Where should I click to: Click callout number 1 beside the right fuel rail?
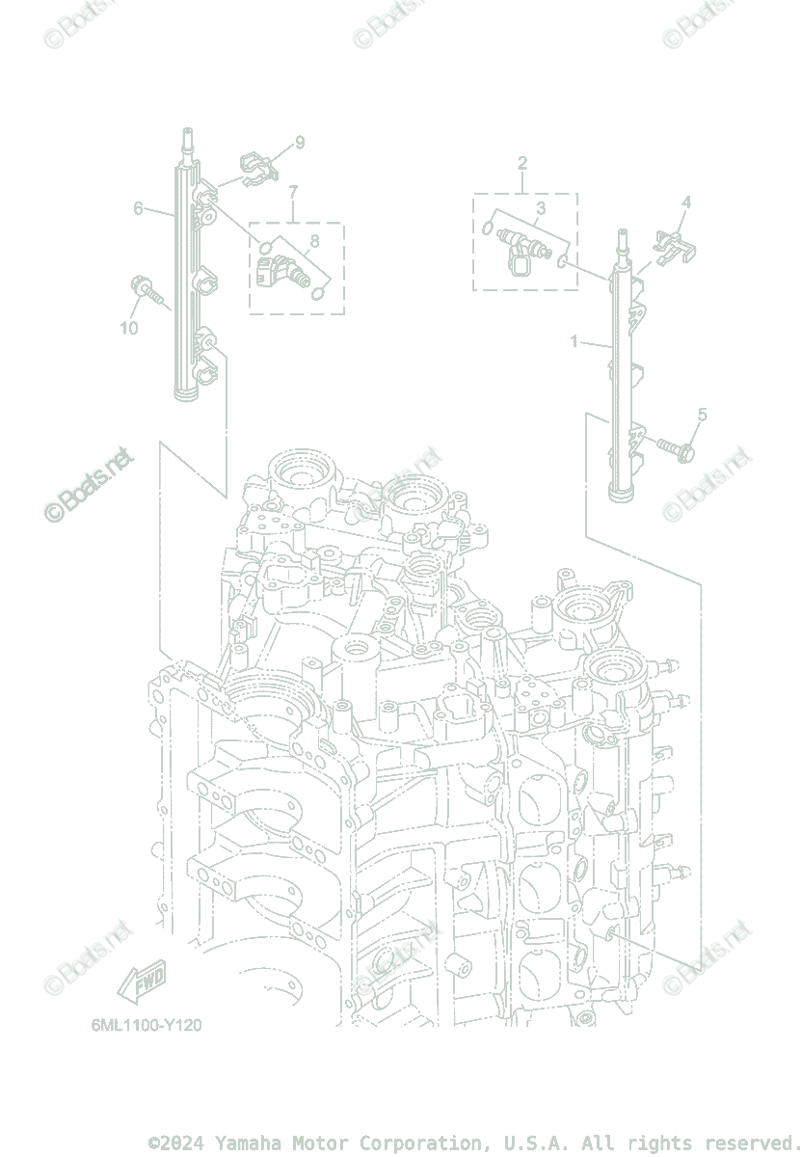574,341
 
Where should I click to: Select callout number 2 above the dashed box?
522,162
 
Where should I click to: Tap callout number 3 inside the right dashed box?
541,207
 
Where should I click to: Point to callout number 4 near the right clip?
686,202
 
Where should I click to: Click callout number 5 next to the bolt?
702,415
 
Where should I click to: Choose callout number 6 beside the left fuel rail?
139,207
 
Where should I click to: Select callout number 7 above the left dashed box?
293,192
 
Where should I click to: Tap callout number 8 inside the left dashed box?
314,240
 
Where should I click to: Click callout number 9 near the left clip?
300,143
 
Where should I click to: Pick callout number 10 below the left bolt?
129,328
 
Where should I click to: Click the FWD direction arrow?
142,984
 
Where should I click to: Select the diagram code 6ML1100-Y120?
147,1025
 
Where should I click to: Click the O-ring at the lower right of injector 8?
321,294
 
